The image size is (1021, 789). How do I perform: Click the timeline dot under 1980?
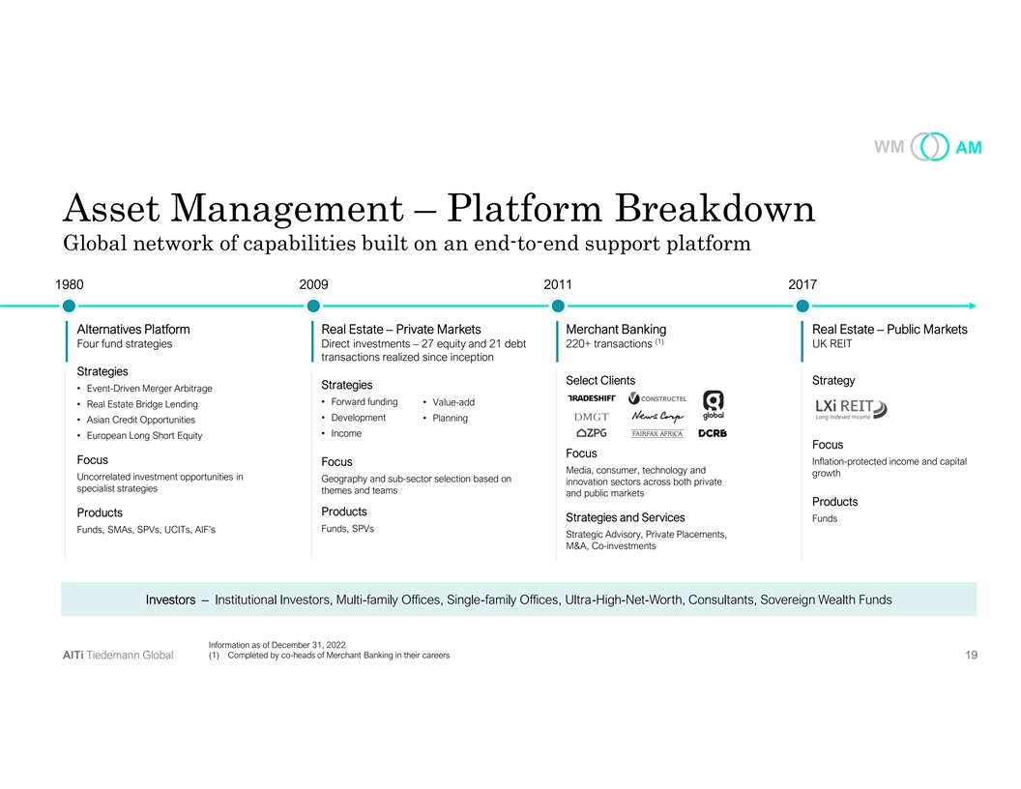[68, 306]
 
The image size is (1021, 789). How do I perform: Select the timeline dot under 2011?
[557, 306]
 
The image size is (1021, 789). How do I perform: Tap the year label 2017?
[802, 284]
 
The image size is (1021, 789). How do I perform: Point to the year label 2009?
[314, 284]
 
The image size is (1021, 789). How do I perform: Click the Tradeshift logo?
[591, 398]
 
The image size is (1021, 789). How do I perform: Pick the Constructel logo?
[657, 398]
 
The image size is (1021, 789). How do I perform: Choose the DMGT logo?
[591, 417]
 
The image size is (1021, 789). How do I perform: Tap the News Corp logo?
[657, 416]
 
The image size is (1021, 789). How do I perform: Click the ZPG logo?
[591, 433]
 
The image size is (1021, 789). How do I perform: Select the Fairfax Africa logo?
[657, 433]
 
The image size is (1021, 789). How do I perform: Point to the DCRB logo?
[713, 433]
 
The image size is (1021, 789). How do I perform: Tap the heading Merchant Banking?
[616, 330]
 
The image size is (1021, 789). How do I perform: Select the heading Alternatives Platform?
[133, 330]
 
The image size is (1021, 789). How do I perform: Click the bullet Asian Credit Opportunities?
[140, 420]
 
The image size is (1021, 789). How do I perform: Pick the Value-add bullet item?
[450, 402]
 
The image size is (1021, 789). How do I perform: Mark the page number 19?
[971, 656]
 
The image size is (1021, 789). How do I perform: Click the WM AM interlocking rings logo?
[931, 148]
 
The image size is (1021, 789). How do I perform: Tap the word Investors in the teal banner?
[171, 600]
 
